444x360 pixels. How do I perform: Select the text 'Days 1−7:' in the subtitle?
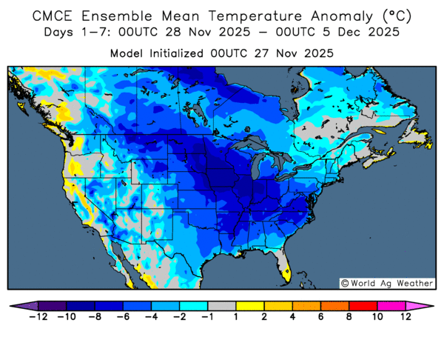[x=74, y=32]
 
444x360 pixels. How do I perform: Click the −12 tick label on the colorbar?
[x=37, y=317]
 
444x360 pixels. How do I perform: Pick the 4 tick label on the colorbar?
[x=292, y=317]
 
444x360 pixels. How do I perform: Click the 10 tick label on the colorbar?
[x=377, y=317]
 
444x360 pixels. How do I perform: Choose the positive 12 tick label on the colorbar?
[x=406, y=317]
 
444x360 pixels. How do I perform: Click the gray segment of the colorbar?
[x=221, y=305]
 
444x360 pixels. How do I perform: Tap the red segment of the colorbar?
[x=363, y=305]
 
